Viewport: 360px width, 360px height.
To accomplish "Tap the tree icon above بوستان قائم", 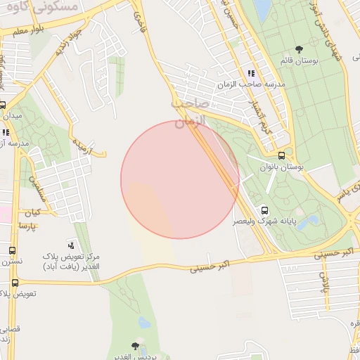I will click(x=300, y=50).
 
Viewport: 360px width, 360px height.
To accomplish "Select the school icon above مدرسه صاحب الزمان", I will click(x=250, y=73).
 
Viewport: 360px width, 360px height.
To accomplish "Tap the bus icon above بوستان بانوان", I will click(x=282, y=156).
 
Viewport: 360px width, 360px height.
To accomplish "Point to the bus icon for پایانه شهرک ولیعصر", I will click(x=264, y=210).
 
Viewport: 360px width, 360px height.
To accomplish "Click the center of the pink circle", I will click(x=180, y=179).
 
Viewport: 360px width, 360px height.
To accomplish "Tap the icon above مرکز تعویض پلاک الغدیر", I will click(x=70, y=245).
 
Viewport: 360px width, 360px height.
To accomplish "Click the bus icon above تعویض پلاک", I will click(x=15, y=283).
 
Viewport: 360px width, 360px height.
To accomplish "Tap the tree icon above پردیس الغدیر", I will click(x=135, y=346).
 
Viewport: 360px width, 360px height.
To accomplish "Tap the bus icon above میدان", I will click(x=3, y=105).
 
